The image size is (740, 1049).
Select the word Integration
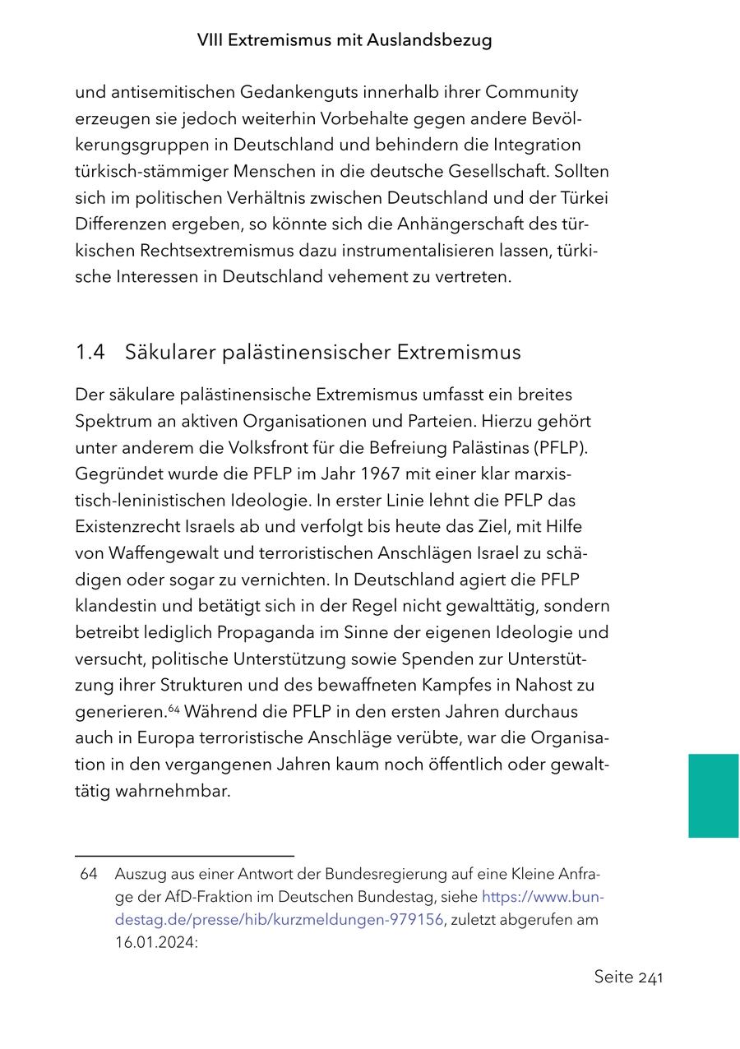pyautogui.click(x=537, y=145)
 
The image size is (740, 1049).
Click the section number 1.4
pyautogui.click(x=90, y=353)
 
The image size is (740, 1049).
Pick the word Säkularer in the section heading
pyautogui.click(x=168, y=353)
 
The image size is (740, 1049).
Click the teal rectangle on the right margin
pyautogui.click(x=713, y=796)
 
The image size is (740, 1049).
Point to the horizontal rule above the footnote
pyautogui.click(x=184, y=856)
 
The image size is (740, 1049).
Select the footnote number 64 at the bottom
pyautogui.click(x=89, y=875)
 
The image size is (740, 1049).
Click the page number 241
pyautogui.click(x=650, y=977)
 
